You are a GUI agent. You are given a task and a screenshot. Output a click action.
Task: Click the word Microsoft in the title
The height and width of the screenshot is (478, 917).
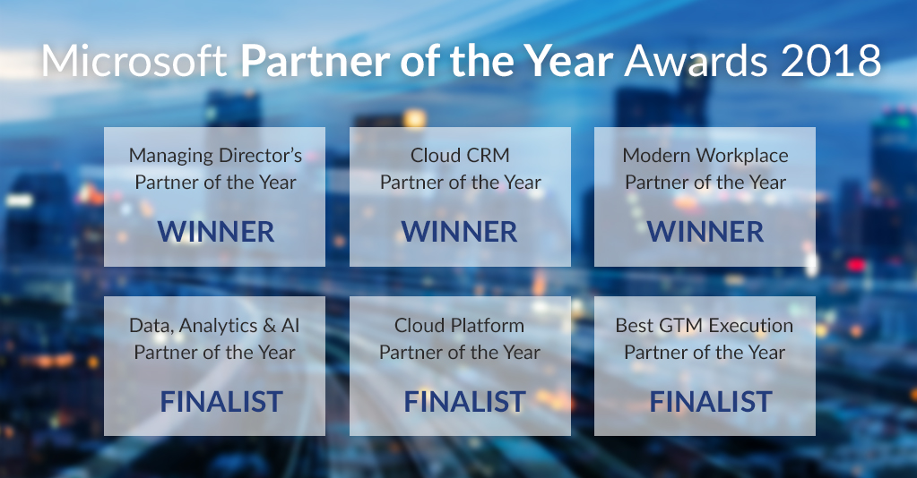pos(134,60)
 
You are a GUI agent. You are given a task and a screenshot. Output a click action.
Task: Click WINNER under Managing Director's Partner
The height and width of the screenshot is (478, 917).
pos(216,232)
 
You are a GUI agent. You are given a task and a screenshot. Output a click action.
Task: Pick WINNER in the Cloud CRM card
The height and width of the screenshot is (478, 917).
pos(460,232)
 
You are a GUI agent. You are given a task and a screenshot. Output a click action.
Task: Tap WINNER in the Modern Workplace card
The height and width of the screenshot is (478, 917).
pos(705,232)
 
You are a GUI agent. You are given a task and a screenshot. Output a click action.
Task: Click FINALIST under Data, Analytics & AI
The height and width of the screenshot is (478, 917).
pos(221,402)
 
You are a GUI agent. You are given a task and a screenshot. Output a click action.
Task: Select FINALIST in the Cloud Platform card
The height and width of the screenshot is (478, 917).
pos(465,402)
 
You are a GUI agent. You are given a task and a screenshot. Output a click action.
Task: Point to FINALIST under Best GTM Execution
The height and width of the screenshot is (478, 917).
pos(711,402)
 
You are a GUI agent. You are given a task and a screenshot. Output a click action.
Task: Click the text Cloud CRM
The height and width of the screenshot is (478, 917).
pos(460,156)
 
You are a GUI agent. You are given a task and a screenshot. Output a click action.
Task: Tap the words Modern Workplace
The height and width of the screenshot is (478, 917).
pos(705,156)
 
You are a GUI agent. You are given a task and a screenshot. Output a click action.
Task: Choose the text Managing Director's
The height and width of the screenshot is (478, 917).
pos(215,156)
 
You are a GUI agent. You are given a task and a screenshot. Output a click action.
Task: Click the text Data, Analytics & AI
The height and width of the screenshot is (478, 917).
pos(214,326)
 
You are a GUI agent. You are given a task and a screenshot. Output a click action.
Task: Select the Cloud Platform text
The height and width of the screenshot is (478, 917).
pos(459,326)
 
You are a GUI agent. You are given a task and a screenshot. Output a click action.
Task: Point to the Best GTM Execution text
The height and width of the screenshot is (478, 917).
pos(705,326)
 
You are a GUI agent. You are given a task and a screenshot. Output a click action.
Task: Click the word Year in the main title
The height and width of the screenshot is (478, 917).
pos(568,60)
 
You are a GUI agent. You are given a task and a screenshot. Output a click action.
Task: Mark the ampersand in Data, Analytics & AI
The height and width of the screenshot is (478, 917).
pos(270,326)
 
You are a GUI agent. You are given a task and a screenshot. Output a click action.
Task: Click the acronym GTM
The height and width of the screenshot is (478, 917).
pos(680,326)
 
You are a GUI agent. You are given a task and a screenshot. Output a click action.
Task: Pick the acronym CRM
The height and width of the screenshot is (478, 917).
pos(488,156)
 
